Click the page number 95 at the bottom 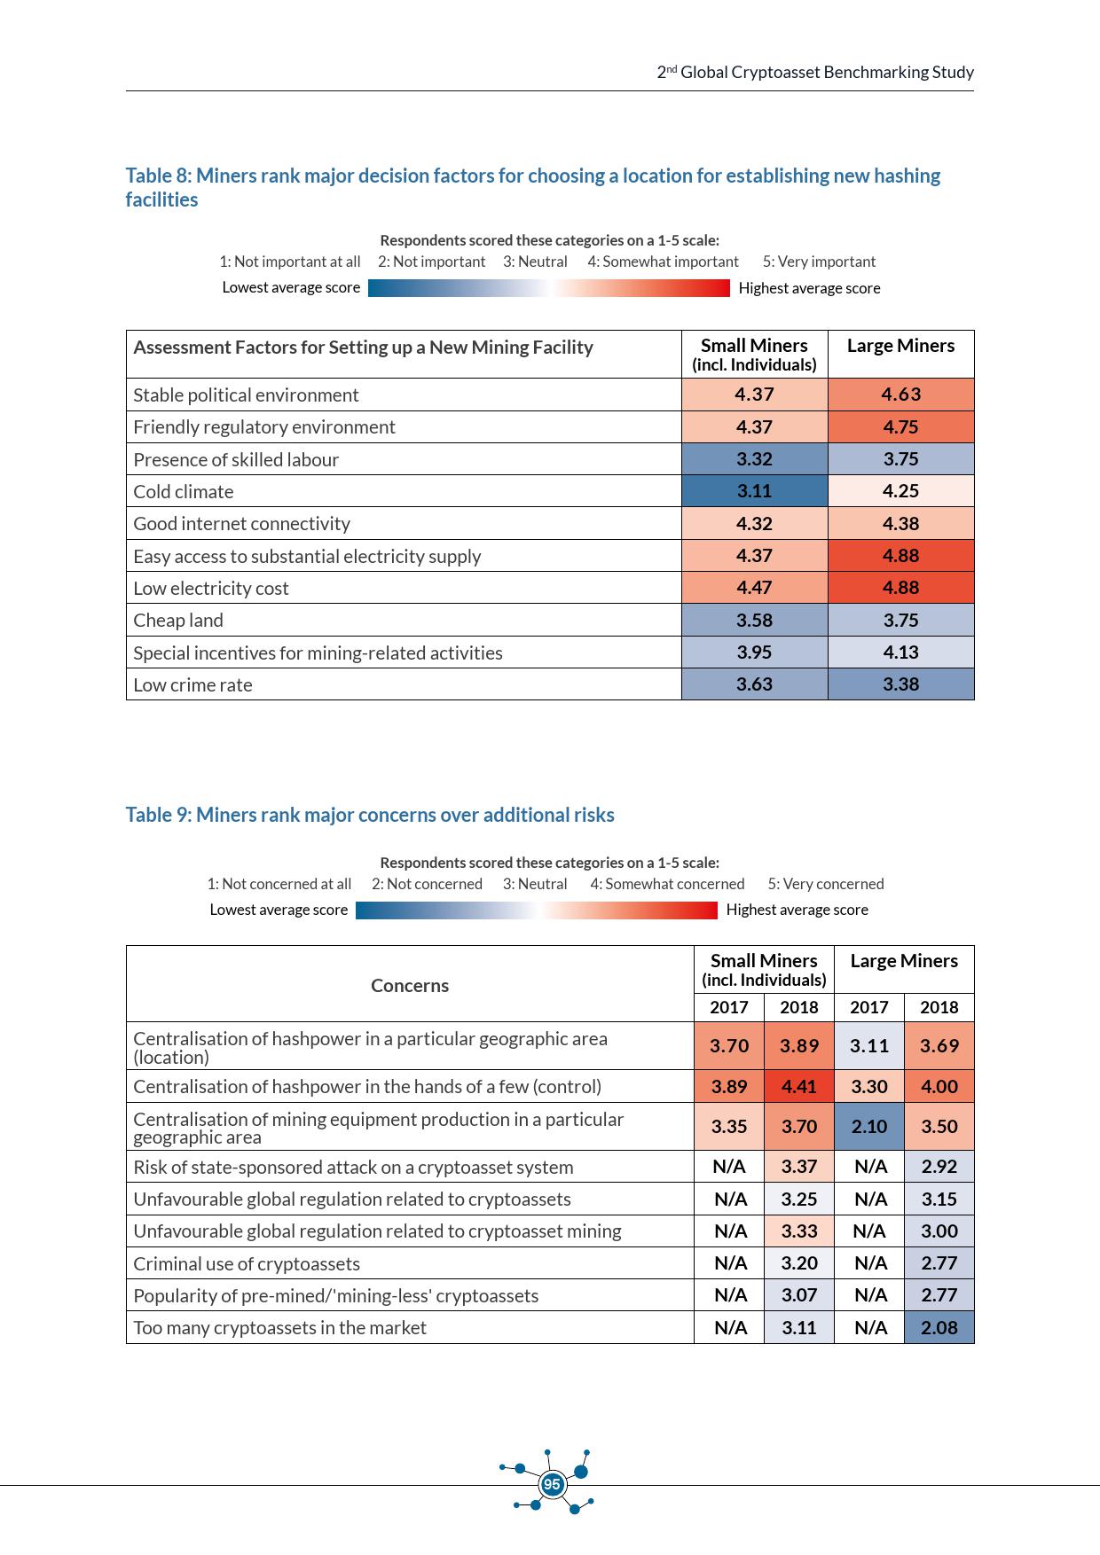pyautogui.click(x=552, y=1484)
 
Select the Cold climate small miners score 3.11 pyautogui.click(x=754, y=491)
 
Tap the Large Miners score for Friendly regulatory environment pyautogui.click(x=900, y=426)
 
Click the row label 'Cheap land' pyautogui.click(x=178, y=621)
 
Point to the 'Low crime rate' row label pyautogui.click(x=192, y=685)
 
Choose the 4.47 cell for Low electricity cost pyautogui.click(x=754, y=588)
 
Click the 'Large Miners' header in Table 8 pyautogui.click(x=900, y=346)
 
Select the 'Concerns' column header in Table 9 pyautogui.click(x=410, y=986)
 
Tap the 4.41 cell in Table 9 pyautogui.click(x=798, y=1086)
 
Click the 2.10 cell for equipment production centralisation pyautogui.click(x=868, y=1126)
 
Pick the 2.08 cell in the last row pyautogui.click(x=939, y=1327)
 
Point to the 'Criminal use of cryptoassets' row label pyautogui.click(x=247, y=1264)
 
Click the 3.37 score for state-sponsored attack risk pyautogui.click(x=798, y=1167)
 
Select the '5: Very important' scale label pyautogui.click(x=819, y=262)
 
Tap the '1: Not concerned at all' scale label pyautogui.click(x=279, y=884)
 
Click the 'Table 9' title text pyautogui.click(x=369, y=815)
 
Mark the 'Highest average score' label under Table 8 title pyautogui.click(x=809, y=288)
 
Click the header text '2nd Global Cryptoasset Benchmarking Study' pyautogui.click(x=815, y=73)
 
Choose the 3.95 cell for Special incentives pyautogui.click(x=754, y=652)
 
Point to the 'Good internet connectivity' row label pyautogui.click(x=241, y=524)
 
